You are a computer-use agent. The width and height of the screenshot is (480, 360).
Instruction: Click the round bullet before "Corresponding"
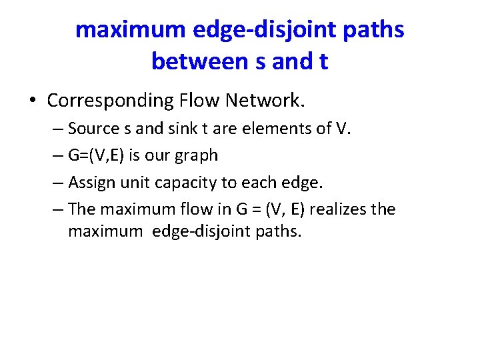click(x=33, y=101)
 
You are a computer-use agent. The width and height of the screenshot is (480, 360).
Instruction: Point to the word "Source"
click(x=93, y=128)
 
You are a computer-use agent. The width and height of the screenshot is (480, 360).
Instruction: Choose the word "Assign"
click(x=92, y=183)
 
